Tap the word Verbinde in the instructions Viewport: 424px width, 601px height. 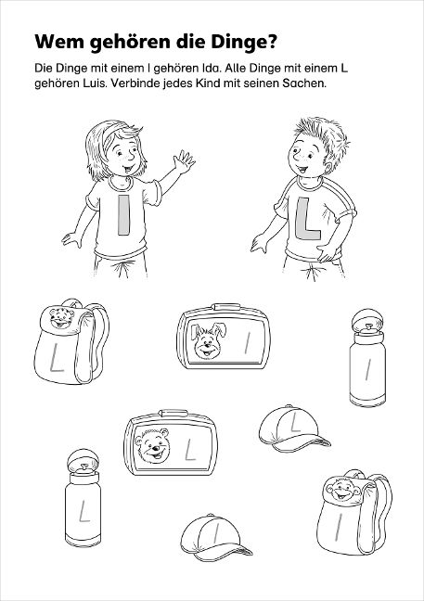tap(134, 83)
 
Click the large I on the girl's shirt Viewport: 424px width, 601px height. tap(123, 214)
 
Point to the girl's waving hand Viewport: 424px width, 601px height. tap(184, 161)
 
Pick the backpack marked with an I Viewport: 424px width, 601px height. tap(353, 512)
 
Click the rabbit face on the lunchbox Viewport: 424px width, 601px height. tap(208, 340)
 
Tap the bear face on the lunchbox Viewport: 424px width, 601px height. tap(153, 445)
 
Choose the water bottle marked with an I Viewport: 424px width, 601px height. tap(367, 357)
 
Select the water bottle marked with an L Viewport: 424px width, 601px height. tap(83, 497)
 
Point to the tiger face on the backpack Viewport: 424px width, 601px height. tap(61, 317)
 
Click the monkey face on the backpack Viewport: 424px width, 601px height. tap(342, 489)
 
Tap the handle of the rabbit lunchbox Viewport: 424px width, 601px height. tap(227, 307)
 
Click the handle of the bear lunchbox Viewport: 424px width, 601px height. tap(173, 414)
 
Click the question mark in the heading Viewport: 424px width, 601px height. tap(271, 42)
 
